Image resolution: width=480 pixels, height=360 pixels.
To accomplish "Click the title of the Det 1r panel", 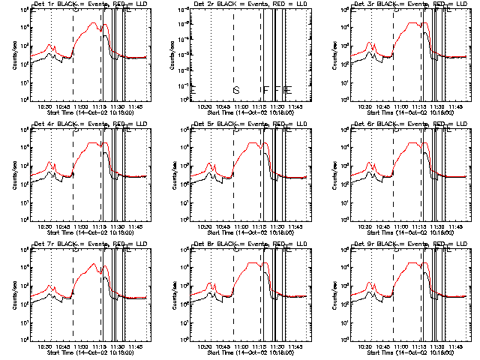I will (x=82, y=5).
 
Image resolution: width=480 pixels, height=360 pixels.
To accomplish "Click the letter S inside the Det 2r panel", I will (x=235, y=90).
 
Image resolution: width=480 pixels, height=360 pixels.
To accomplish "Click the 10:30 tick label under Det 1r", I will (x=44, y=106).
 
